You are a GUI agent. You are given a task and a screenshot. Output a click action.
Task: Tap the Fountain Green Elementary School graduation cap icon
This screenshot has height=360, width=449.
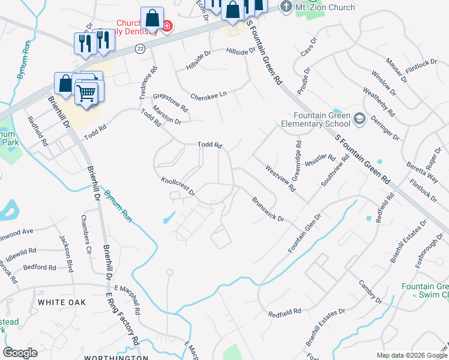click(360, 118)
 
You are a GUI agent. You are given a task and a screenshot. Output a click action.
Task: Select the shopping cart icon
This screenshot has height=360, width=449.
click(86, 93)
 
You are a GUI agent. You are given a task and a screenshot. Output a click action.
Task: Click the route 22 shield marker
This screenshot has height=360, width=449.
click(139, 50)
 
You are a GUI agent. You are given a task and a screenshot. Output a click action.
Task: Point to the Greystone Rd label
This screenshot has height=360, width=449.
click(170, 102)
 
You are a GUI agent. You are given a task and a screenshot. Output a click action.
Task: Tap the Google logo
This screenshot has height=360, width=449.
click(20, 353)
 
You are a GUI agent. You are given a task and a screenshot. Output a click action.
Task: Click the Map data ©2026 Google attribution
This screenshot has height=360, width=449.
click(411, 355)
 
